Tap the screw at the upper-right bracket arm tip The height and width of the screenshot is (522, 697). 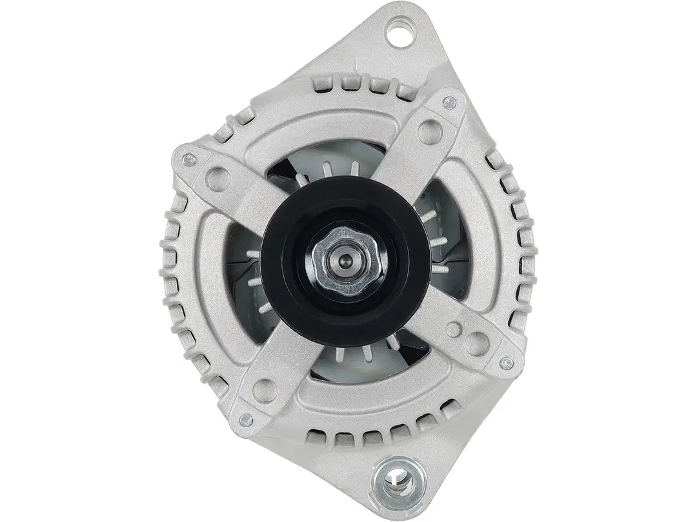(x=450, y=102)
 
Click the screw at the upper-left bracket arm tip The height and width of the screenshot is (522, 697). (x=188, y=160)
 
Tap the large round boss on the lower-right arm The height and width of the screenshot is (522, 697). (x=478, y=341)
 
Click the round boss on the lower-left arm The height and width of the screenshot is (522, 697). (x=262, y=387)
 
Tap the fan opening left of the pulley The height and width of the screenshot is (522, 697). (x=248, y=277)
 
